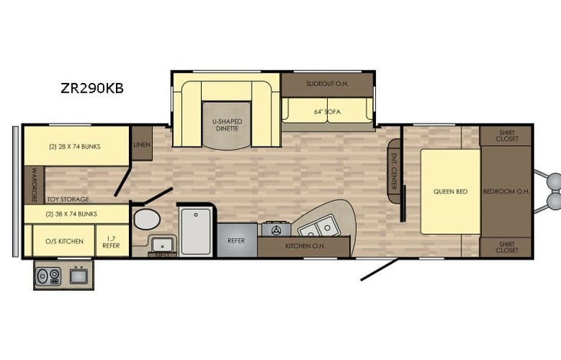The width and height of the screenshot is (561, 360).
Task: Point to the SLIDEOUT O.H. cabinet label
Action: coord(327,83)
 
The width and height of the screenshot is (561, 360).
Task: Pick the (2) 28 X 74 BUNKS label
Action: coord(74,146)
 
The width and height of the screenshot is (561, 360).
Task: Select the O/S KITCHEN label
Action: coord(65,241)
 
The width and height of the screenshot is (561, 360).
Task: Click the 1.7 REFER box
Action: coord(112,241)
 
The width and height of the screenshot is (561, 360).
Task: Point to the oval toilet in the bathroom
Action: coord(145,220)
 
